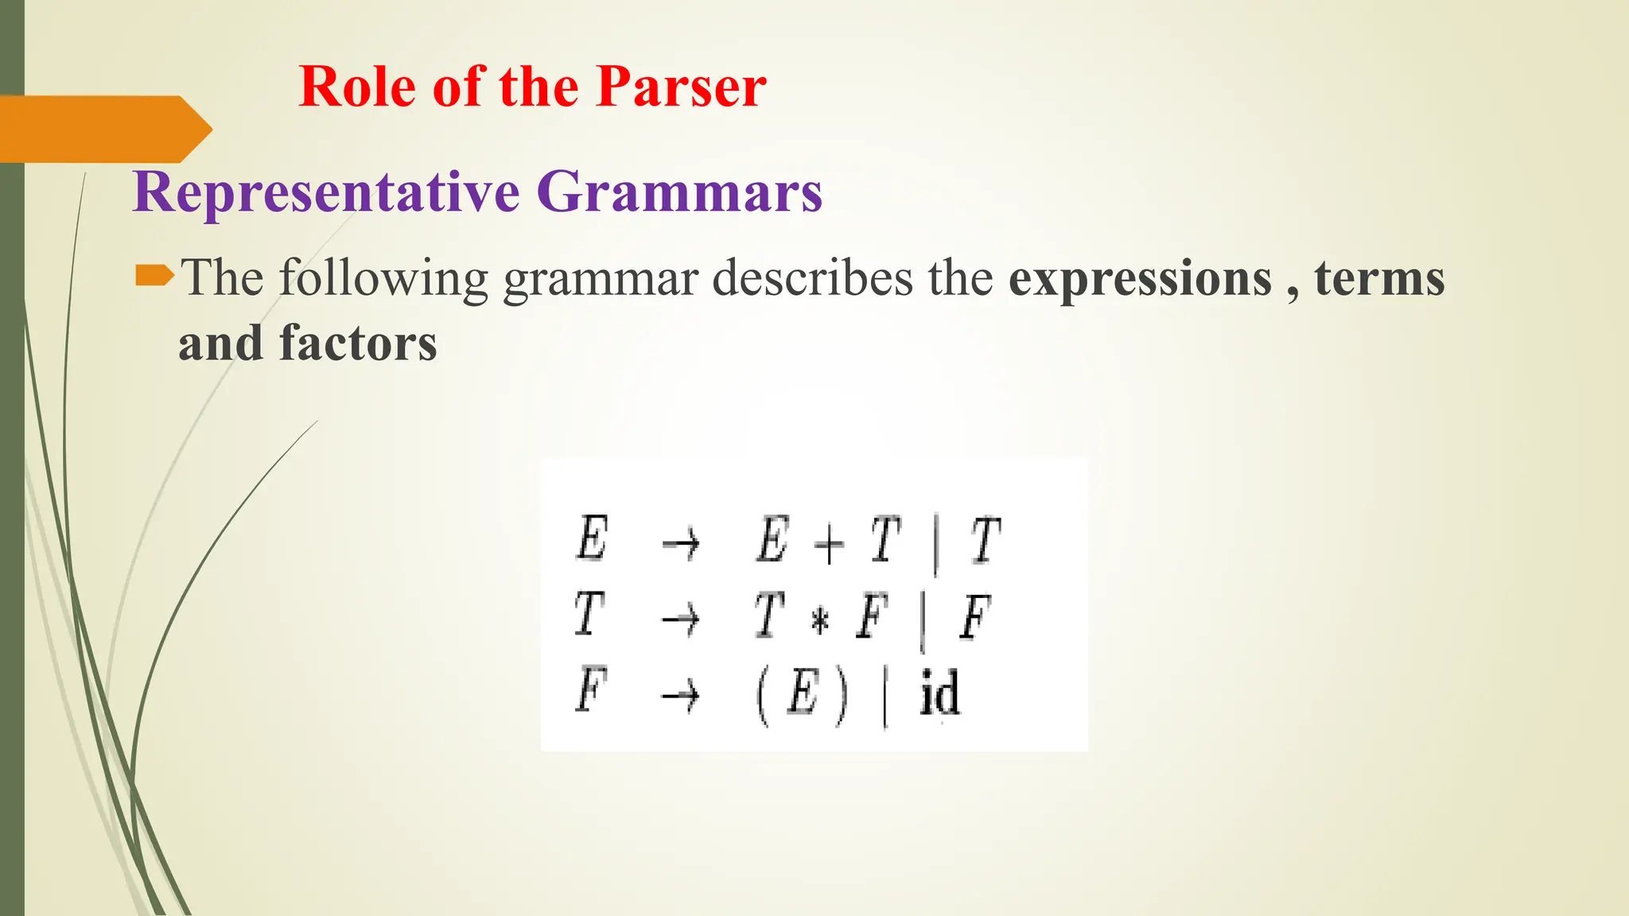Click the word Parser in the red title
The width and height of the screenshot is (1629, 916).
(x=681, y=87)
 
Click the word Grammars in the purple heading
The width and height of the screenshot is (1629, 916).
(x=679, y=192)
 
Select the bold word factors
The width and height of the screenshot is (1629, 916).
(x=358, y=343)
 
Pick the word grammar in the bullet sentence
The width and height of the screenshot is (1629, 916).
(x=601, y=280)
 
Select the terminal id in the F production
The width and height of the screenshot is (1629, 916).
(x=939, y=694)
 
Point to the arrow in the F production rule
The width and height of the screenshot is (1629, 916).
(x=681, y=697)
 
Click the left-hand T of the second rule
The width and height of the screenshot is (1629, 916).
(x=589, y=615)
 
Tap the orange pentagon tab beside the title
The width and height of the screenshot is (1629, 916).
(x=103, y=129)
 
